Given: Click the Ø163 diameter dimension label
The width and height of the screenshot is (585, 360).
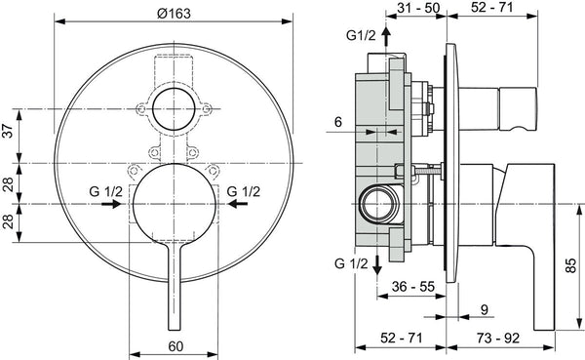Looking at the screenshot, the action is (174, 14).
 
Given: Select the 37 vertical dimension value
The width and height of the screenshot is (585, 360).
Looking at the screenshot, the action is (8, 131).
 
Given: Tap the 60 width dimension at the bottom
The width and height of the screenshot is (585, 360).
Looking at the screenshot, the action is (175, 346).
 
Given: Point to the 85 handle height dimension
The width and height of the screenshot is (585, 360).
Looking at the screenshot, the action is (571, 266).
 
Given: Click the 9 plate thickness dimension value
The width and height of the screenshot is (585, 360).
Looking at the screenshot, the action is (485, 310).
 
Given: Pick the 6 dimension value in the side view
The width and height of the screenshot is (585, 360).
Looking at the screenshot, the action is (338, 122).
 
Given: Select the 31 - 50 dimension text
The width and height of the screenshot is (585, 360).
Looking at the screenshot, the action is (418, 8).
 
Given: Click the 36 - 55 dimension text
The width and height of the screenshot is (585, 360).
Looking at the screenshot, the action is (413, 287).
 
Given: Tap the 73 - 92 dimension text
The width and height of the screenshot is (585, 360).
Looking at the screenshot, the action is (497, 338).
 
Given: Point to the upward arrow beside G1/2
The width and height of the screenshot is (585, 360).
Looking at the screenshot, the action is (386, 36).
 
